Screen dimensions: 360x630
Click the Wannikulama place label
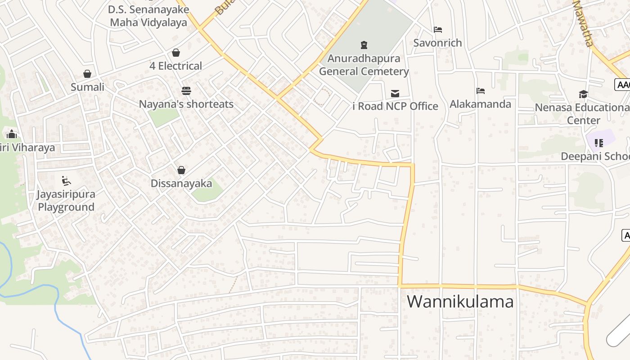(460, 301)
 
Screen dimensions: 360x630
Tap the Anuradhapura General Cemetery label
(364, 65)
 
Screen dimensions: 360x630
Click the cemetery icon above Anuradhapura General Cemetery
(364, 45)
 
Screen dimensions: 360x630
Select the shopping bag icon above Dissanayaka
(181, 170)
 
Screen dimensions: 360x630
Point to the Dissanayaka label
(181, 183)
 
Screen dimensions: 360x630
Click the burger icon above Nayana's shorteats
(186, 91)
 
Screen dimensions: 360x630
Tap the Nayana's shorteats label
(186, 104)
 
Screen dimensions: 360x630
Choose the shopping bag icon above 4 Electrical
(176, 53)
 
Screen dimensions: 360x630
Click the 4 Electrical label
(176, 66)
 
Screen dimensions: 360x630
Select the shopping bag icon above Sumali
(87, 74)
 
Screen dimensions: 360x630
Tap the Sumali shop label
(87, 87)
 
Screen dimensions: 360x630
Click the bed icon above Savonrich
(438, 30)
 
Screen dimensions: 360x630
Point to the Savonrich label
(438, 43)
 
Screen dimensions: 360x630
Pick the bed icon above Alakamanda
(481, 91)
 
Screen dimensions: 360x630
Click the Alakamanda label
(481, 104)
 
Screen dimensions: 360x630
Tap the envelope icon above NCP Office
(395, 93)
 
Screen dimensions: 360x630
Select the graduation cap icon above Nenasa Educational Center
(583, 94)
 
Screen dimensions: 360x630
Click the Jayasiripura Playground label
(66, 201)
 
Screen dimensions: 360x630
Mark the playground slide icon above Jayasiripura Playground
(66, 181)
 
